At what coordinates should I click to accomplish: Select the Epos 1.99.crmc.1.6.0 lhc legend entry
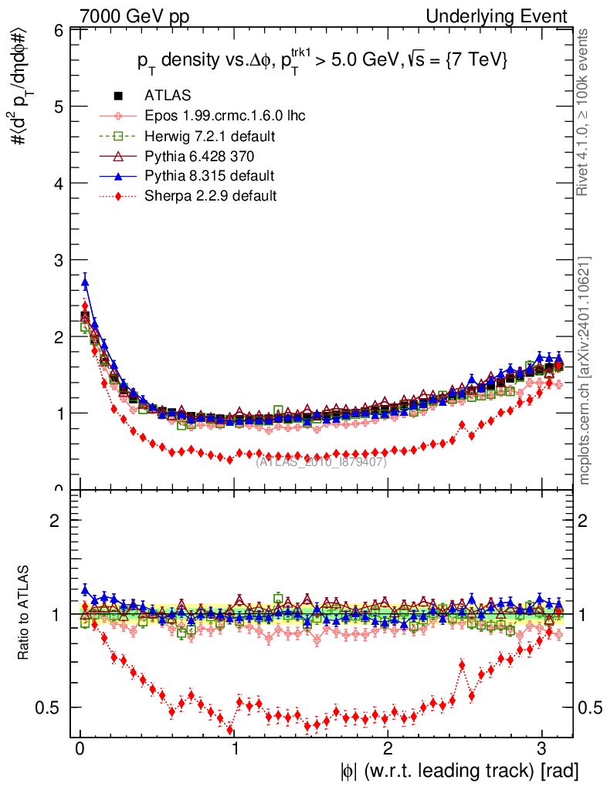coord(225,116)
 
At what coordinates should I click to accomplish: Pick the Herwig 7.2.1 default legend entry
coord(210,136)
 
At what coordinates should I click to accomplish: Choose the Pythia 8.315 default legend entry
coord(209,176)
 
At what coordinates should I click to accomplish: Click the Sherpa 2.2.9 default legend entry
coord(210,196)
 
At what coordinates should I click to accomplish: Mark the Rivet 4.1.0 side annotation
coord(585,113)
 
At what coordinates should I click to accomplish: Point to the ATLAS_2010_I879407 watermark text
coord(321,461)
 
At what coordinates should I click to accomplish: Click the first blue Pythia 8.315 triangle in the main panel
coord(85,283)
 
